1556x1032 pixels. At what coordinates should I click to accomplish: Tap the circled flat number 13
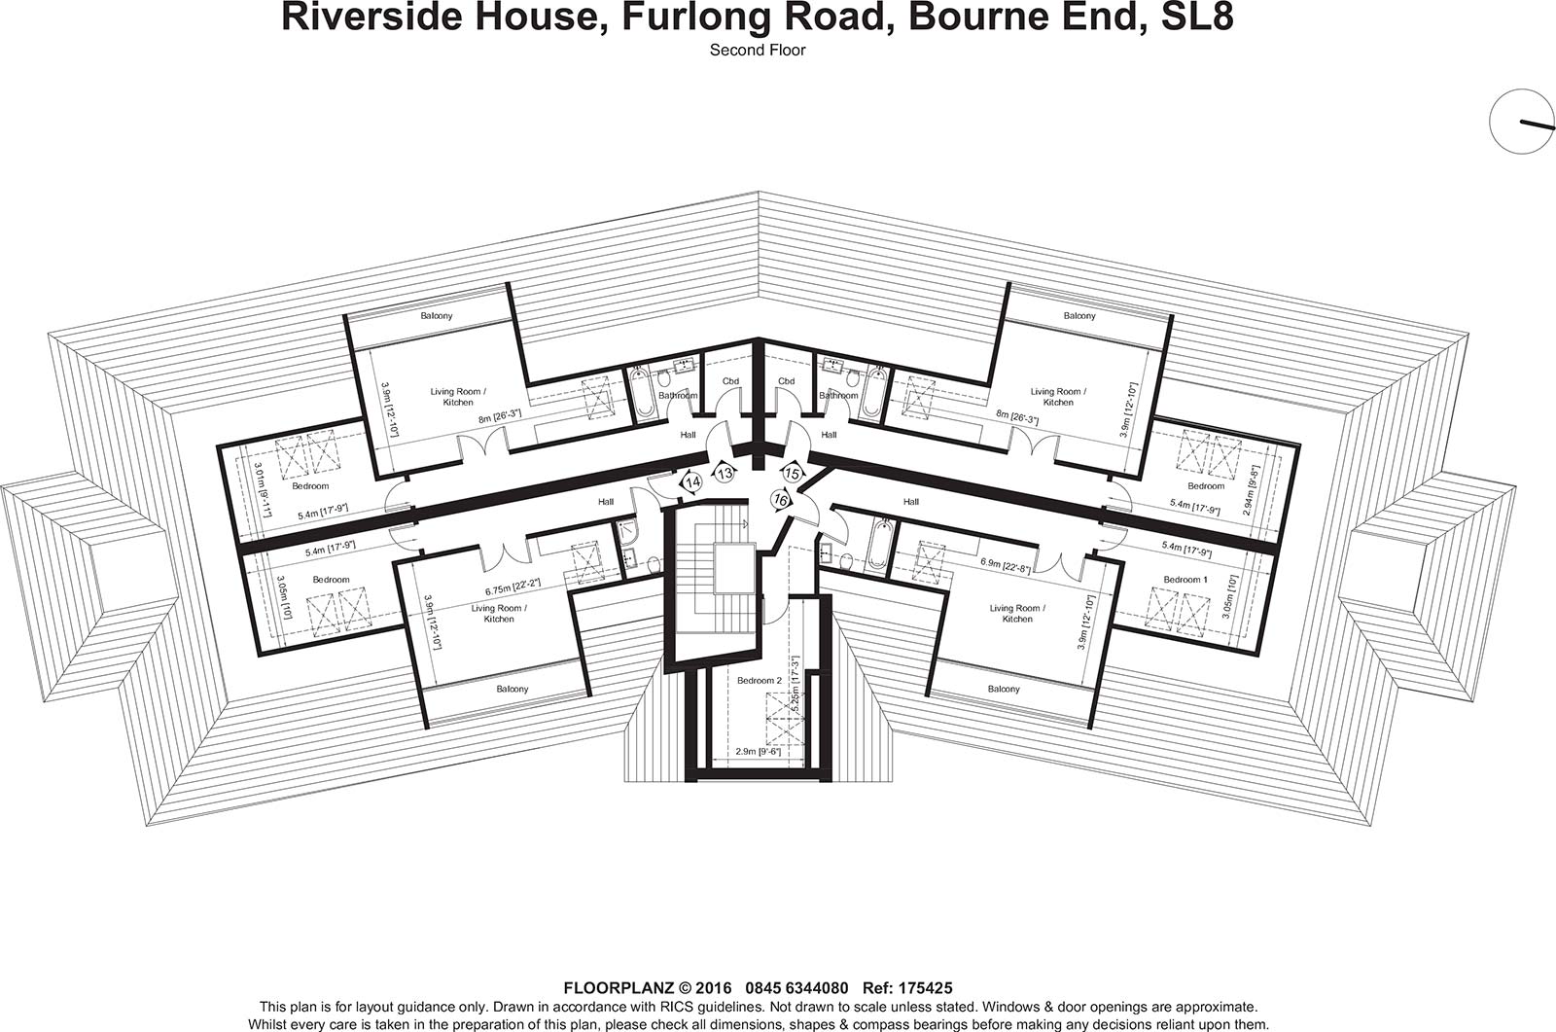pos(725,473)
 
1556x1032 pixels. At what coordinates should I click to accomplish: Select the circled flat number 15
pos(793,474)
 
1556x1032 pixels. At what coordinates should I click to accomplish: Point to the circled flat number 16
pos(780,499)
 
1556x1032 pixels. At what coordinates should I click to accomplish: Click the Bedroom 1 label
pos(1185,580)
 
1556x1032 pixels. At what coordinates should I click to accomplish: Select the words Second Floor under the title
pos(758,50)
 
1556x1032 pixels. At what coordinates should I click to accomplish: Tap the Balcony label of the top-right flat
pos(1079,315)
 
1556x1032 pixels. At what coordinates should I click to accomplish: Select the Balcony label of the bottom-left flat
pos(508,689)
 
